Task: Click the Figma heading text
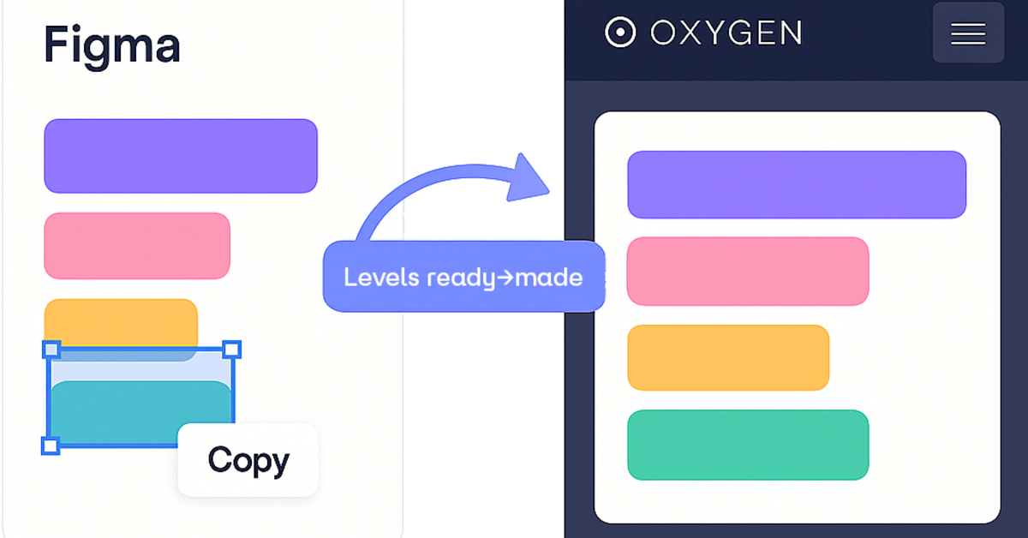click(x=112, y=47)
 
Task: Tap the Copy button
click(x=248, y=459)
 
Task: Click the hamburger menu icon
click(x=968, y=34)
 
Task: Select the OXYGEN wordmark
click(x=726, y=33)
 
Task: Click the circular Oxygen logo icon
click(x=620, y=33)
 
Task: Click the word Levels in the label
click(x=381, y=277)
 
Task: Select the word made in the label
click(x=549, y=277)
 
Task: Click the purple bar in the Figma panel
click(x=181, y=156)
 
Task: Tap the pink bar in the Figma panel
click(x=137, y=246)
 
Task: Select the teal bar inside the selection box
click(x=140, y=412)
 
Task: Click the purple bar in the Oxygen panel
click(x=797, y=184)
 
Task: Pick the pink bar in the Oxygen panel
click(x=748, y=272)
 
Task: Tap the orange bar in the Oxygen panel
click(x=728, y=357)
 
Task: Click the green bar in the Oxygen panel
click(x=748, y=445)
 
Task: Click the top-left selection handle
click(x=51, y=350)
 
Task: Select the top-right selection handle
click(x=232, y=350)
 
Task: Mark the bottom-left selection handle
click(x=51, y=445)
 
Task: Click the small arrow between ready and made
click(x=505, y=278)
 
